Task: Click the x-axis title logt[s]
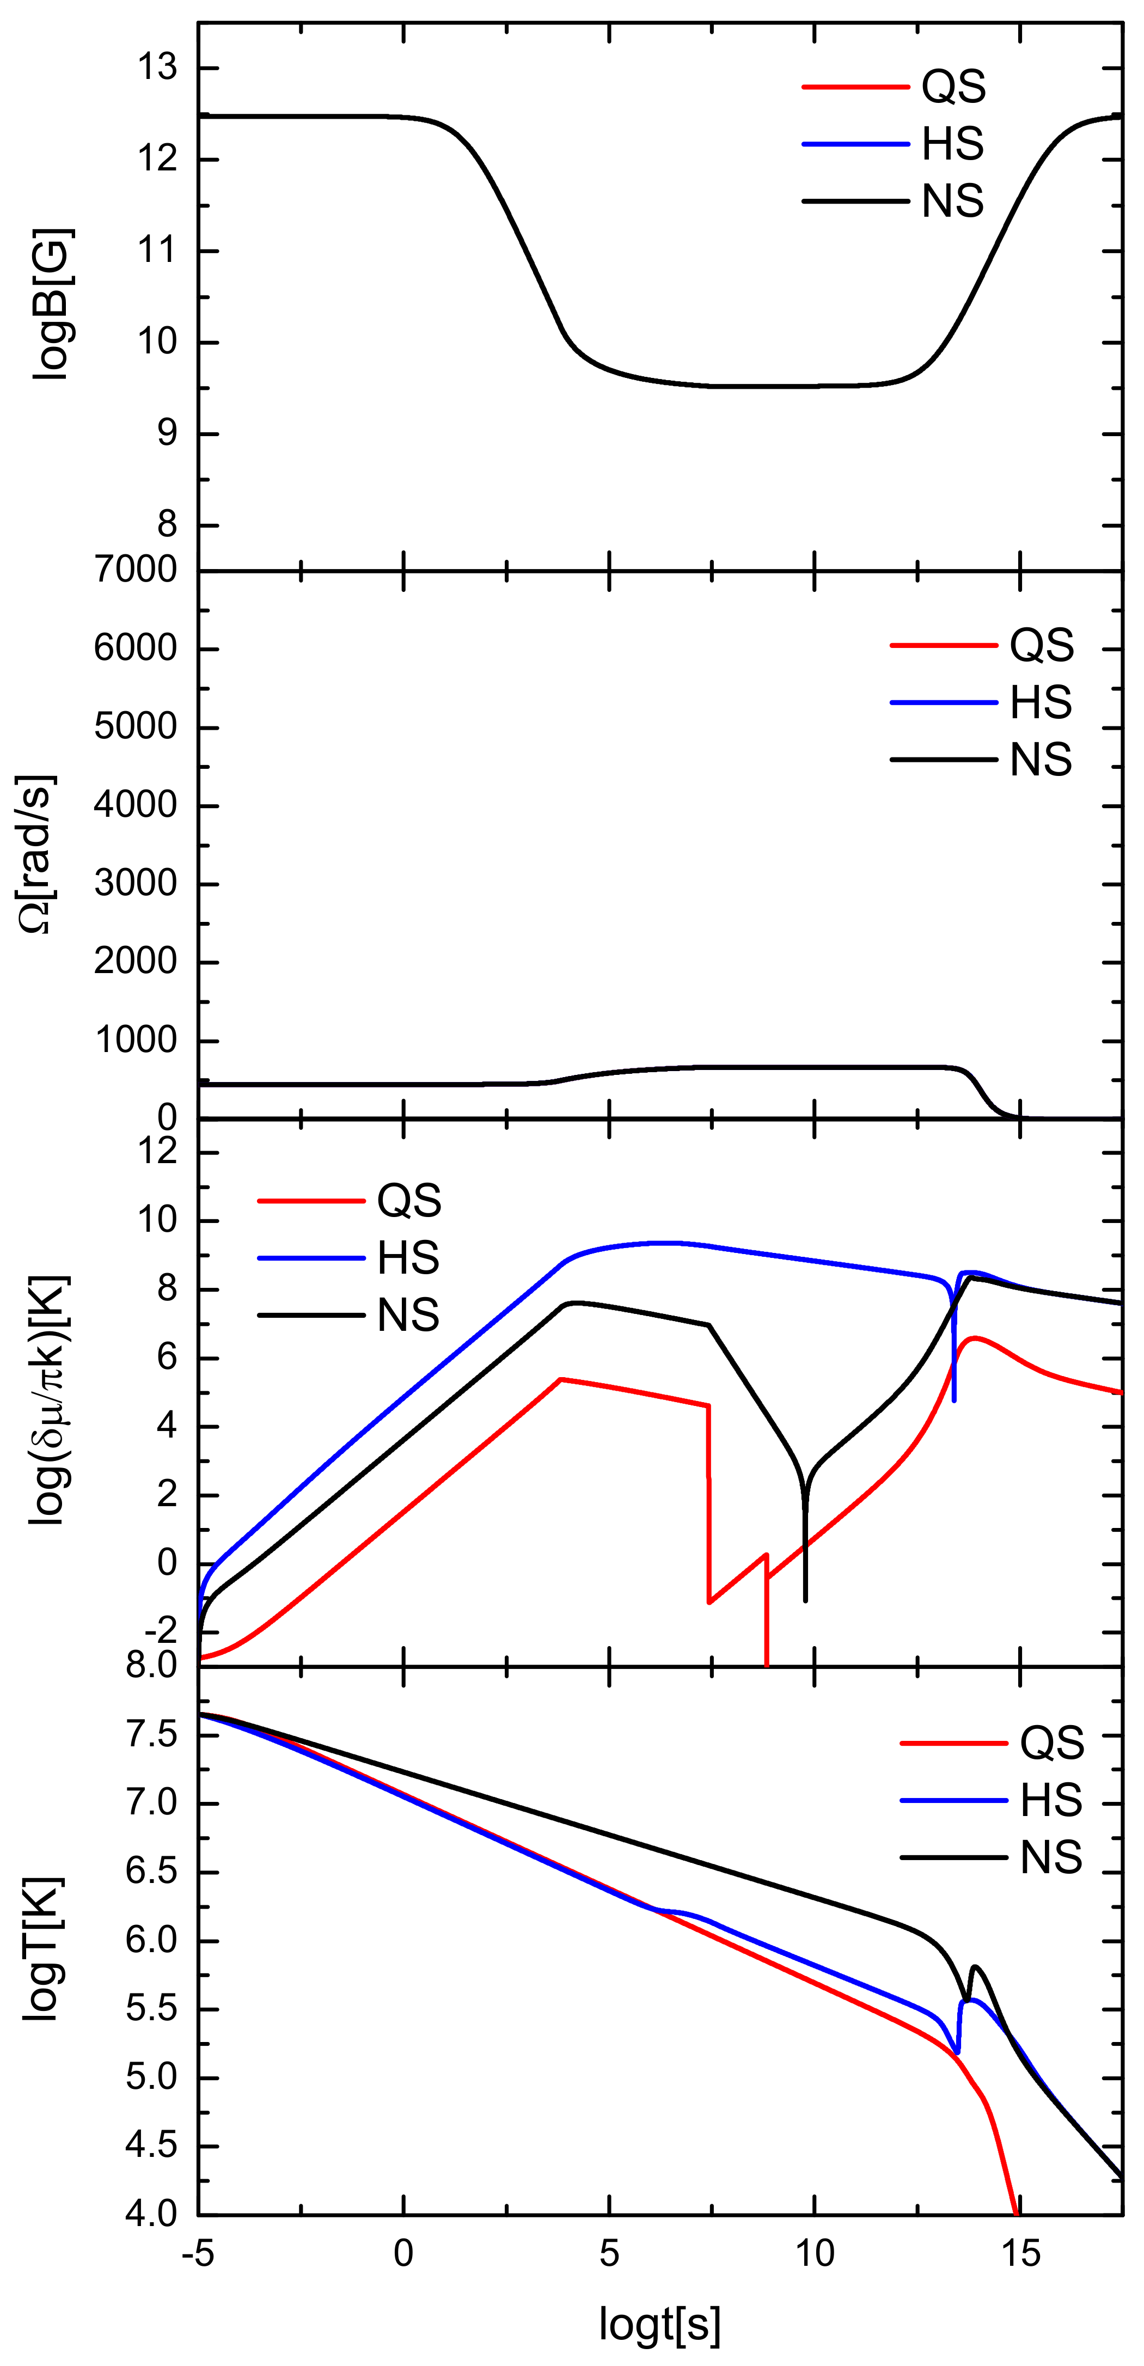click(660, 2323)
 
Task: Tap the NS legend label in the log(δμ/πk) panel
click(408, 1315)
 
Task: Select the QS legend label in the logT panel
click(1052, 1743)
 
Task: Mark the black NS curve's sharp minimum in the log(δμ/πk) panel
click(805, 1598)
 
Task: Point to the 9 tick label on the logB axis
click(166, 433)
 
